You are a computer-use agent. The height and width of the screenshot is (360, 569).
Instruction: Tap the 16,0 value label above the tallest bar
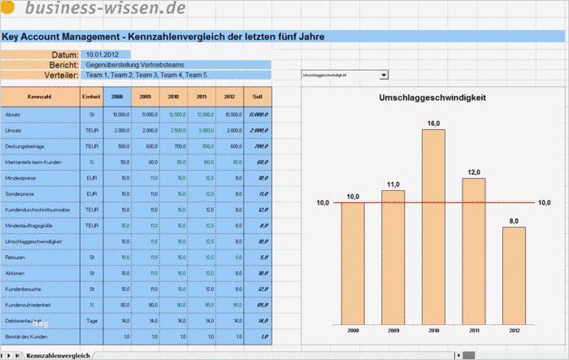(x=433, y=123)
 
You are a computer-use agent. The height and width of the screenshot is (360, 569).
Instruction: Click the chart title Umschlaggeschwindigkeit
(x=432, y=98)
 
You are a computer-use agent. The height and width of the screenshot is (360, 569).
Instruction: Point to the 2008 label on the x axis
(x=353, y=332)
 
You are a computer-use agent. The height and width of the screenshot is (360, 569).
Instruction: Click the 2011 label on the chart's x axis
(x=473, y=332)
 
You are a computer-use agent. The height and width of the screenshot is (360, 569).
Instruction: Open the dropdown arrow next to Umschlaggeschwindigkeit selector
(x=384, y=75)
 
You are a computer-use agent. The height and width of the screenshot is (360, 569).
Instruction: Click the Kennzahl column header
(x=40, y=97)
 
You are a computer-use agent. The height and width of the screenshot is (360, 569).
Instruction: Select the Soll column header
(x=258, y=97)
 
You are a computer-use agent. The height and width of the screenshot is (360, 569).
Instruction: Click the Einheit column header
(x=91, y=97)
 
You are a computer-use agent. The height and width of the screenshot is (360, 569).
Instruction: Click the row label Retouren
(x=15, y=257)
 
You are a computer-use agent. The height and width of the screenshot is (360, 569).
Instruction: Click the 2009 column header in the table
(x=146, y=97)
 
